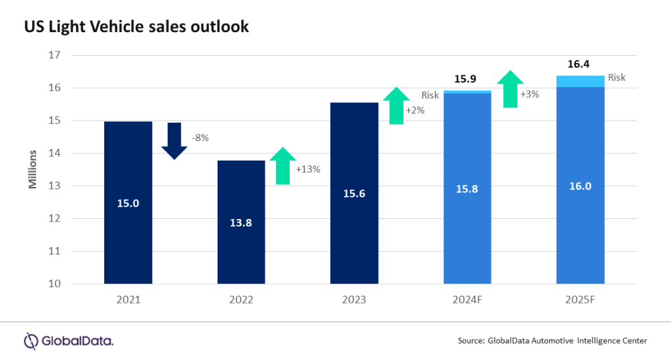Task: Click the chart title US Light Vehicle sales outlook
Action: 136,26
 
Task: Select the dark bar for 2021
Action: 128,203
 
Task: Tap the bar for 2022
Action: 241,222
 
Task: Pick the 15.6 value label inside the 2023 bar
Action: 355,193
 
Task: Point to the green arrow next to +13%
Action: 282,166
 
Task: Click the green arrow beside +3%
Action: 509,89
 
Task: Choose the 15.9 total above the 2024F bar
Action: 468,79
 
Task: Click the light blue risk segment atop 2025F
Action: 580,81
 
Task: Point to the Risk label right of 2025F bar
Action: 617,77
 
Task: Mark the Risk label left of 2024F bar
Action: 430,95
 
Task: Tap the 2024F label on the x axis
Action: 467,300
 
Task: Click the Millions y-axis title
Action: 32,169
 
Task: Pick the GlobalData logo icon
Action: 31,340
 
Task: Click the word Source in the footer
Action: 472,340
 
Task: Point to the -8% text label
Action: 201,138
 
